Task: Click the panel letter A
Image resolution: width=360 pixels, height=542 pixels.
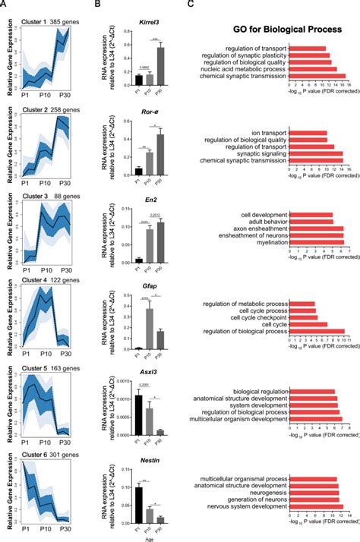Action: pos(5,5)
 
